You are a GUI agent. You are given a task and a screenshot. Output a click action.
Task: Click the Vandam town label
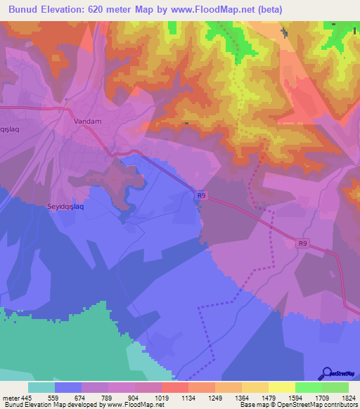tap(88, 121)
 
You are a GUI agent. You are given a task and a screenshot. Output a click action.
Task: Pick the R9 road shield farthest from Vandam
tap(302, 244)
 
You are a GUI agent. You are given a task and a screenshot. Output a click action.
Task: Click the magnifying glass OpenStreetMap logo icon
tap(327, 373)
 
